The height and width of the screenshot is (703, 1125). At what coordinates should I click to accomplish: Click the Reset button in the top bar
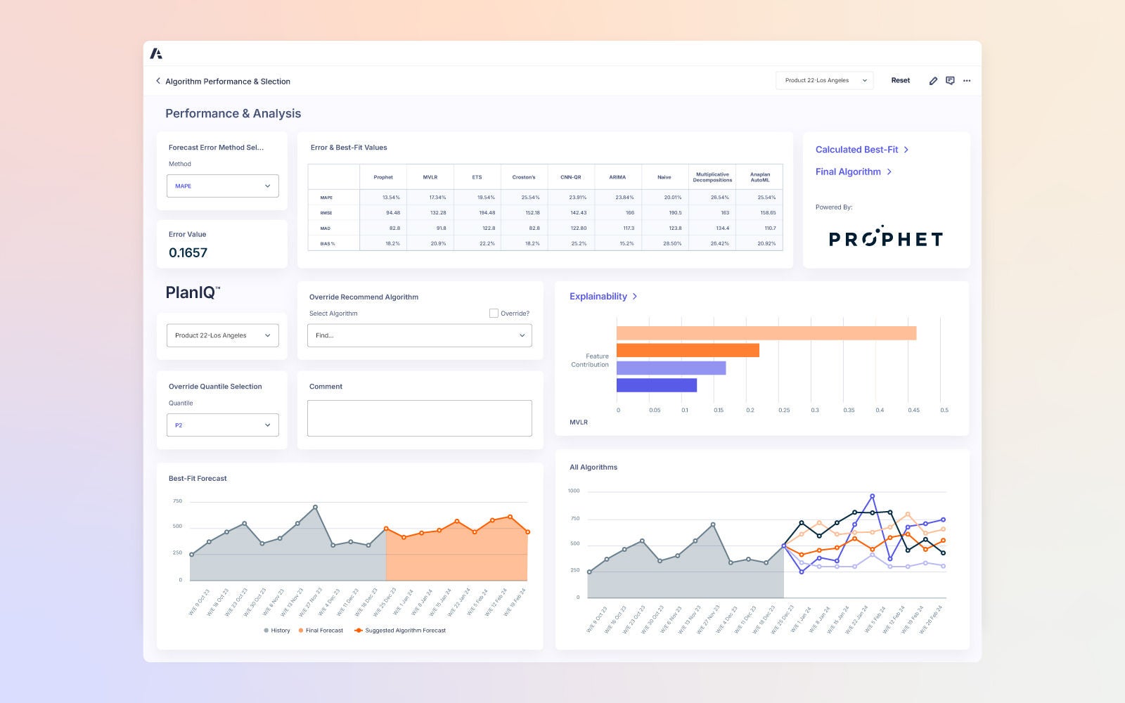pyautogui.click(x=900, y=81)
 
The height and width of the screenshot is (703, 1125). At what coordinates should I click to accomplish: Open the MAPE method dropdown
pyautogui.click(x=222, y=186)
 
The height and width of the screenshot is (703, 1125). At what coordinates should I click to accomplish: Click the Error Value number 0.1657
pyautogui.click(x=188, y=253)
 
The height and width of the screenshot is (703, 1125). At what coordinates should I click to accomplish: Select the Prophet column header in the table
pyautogui.click(x=383, y=177)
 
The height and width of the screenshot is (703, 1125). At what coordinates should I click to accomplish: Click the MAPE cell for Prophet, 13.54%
pyautogui.click(x=391, y=198)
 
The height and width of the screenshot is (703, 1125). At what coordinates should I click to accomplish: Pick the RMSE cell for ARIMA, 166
pyautogui.click(x=629, y=212)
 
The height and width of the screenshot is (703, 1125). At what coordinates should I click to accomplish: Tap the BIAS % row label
pyautogui.click(x=328, y=244)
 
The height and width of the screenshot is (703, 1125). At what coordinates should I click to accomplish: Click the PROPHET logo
pyautogui.click(x=885, y=238)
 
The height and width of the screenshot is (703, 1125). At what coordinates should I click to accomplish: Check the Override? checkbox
pyautogui.click(x=494, y=314)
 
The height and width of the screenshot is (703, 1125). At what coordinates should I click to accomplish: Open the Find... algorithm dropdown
pyautogui.click(x=419, y=335)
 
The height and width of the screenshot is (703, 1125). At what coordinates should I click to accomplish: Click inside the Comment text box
pyautogui.click(x=419, y=418)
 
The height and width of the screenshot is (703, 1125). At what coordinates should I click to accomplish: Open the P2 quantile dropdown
pyautogui.click(x=222, y=425)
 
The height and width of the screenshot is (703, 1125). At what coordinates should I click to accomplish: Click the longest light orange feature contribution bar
pyautogui.click(x=766, y=333)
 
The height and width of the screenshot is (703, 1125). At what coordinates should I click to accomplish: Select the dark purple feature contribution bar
pyautogui.click(x=656, y=385)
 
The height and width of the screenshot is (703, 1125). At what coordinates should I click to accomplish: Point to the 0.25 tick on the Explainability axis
pyautogui.click(x=784, y=410)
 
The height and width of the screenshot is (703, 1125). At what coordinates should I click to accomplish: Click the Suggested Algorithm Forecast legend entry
pyautogui.click(x=404, y=631)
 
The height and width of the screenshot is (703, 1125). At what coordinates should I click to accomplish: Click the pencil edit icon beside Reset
pyautogui.click(x=933, y=81)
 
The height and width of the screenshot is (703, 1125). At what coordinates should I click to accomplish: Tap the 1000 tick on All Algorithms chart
pyautogui.click(x=574, y=491)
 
